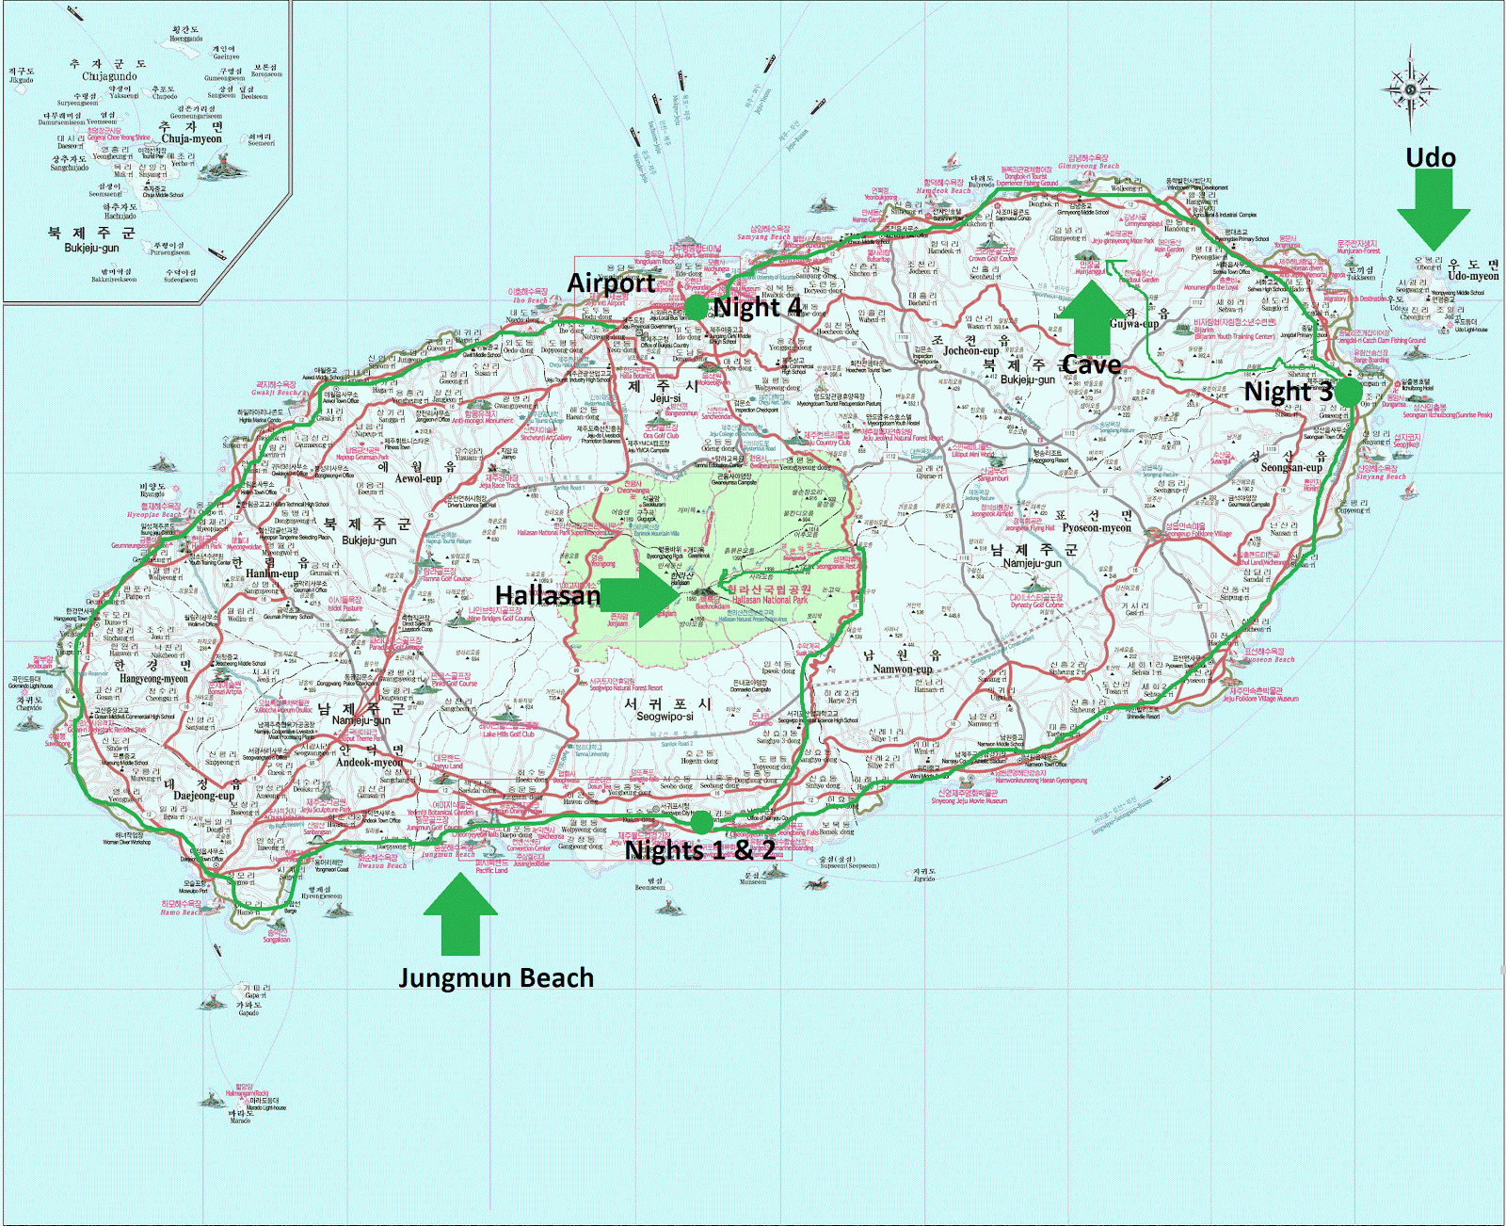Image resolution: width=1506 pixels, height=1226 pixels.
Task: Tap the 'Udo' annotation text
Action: click(1431, 157)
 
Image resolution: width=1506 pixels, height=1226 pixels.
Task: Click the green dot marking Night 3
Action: click(1348, 392)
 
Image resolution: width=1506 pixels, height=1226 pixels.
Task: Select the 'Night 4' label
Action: click(758, 307)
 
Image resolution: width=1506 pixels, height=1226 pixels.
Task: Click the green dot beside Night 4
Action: click(695, 307)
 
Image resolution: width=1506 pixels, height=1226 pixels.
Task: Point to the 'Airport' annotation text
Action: click(611, 282)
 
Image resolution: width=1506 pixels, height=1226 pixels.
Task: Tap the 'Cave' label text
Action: click(1092, 364)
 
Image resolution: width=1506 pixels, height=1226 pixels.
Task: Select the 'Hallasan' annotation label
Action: click(547, 595)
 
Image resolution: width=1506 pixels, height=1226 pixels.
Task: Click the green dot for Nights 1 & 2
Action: click(701, 822)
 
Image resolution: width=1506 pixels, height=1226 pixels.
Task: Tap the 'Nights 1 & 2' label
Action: click(700, 850)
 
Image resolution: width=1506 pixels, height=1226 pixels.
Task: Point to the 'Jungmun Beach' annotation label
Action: click(496, 978)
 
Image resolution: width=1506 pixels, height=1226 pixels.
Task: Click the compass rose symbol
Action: click(1410, 90)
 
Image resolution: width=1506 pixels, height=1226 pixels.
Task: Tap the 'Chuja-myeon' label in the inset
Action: click(192, 138)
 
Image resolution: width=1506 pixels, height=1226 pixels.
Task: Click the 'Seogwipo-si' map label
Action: click(665, 717)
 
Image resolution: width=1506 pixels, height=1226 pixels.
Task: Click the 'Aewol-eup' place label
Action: click(418, 478)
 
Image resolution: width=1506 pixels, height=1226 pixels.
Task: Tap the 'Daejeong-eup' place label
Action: click(203, 796)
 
